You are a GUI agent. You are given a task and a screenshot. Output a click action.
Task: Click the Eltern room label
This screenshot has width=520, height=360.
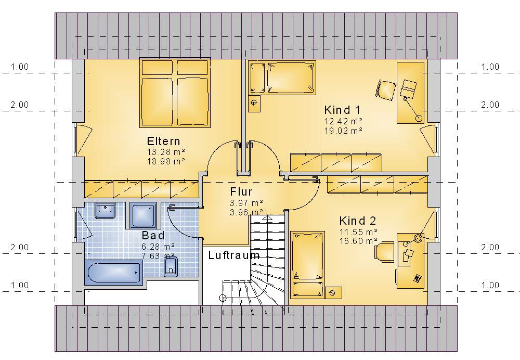click(163, 142)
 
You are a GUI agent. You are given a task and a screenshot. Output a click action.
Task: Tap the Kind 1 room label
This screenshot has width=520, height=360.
click(342, 110)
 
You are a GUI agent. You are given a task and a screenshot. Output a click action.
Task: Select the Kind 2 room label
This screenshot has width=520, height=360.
click(358, 221)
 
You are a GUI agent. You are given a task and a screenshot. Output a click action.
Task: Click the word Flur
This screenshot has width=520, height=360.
click(241, 192)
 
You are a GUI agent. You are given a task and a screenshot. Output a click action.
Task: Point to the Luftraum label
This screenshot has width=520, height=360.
click(234, 255)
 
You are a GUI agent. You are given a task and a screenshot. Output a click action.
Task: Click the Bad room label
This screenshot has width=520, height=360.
click(153, 235)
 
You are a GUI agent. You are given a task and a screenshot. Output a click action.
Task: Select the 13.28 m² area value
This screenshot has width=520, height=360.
click(166, 152)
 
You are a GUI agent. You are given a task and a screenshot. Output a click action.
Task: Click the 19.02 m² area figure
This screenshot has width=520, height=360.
click(343, 131)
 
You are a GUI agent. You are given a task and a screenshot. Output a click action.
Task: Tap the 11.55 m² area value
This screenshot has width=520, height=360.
click(358, 232)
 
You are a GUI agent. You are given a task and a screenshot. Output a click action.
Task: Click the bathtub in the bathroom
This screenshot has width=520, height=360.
click(114, 273)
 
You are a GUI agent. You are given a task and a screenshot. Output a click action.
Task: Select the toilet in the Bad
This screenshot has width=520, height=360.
click(171, 266)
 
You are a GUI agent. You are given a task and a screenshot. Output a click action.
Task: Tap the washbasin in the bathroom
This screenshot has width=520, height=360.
click(105, 210)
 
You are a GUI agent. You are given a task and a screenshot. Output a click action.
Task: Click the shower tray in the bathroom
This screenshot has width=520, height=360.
click(143, 215)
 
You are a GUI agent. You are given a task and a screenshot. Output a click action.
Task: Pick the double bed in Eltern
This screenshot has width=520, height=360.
click(175, 93)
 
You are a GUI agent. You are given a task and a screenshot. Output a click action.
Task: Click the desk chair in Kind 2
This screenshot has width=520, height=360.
click(384, 252)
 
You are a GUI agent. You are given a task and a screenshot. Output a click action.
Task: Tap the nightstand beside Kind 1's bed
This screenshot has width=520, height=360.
click(254, 103)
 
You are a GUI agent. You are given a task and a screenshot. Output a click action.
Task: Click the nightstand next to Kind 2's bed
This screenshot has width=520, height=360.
click(333, 293)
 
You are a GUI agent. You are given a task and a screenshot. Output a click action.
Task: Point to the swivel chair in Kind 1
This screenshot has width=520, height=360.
click(386, 89)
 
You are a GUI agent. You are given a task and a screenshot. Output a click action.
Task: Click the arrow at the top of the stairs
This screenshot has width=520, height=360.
click(268, 217)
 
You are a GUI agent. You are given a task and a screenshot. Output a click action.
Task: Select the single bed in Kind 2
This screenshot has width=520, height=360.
click(307, 264)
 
